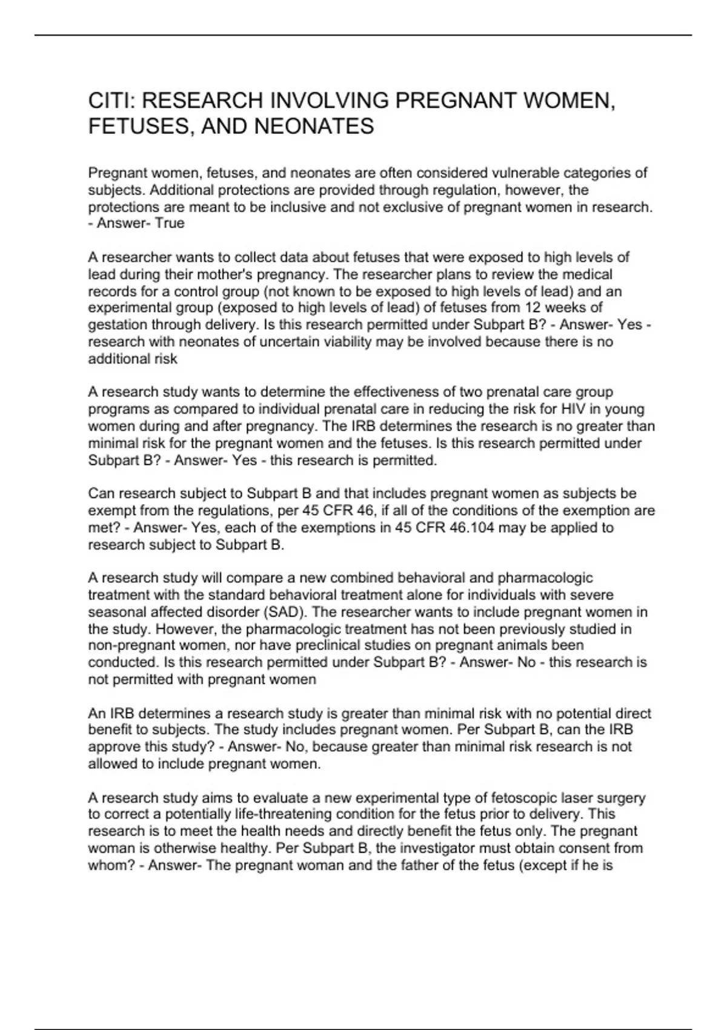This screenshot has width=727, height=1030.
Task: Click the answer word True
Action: coord(170,224)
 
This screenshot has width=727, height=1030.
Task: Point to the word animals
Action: coord(533,646)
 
